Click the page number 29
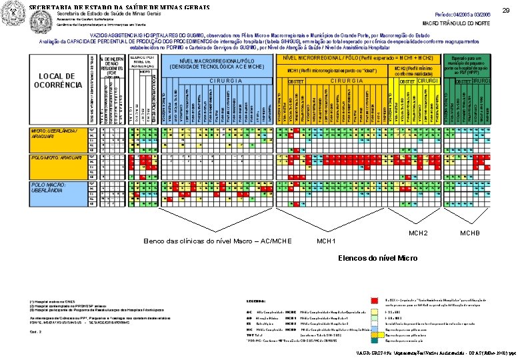505,10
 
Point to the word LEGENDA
257,302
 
